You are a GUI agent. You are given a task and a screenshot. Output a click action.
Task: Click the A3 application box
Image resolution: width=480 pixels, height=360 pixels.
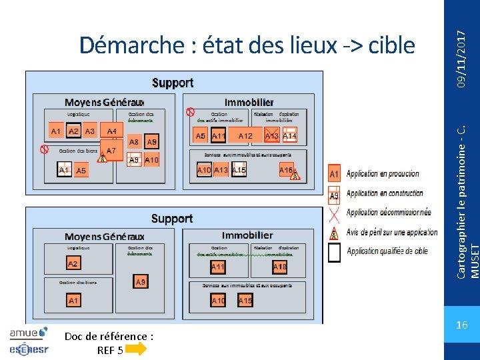click(90, 131)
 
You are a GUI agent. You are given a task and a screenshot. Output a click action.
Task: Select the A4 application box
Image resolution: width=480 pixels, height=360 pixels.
click(112, 131)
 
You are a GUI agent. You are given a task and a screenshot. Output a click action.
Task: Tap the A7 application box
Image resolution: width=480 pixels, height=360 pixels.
click(111, 151)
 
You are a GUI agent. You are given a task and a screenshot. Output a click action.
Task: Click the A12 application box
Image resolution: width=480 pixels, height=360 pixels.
click(245, 136)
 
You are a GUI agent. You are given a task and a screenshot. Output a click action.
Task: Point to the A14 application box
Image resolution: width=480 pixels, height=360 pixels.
click(289, 135)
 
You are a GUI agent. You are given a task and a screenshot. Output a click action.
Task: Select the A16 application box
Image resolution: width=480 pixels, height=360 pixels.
click(286, 170)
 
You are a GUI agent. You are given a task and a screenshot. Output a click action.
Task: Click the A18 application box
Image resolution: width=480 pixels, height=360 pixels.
click(279, 267)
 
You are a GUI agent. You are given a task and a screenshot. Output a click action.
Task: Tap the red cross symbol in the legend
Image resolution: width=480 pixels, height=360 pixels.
click(335, 213)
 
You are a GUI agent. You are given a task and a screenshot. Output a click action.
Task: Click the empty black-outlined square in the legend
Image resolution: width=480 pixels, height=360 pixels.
click(335, 252)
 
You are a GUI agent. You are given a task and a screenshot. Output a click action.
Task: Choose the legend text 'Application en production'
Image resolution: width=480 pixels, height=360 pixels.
click(383, 174)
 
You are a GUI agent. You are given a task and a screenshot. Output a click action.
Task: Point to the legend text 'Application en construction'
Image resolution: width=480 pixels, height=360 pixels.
click(385, 193)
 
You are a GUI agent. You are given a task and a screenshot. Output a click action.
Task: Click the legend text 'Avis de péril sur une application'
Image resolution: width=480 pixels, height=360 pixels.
click(393, 232)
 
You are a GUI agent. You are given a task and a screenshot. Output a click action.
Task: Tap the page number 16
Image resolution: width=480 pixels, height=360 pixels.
click(461, 325)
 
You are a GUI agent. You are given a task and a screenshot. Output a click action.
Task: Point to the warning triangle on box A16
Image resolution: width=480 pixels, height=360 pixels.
click(295, 176)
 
